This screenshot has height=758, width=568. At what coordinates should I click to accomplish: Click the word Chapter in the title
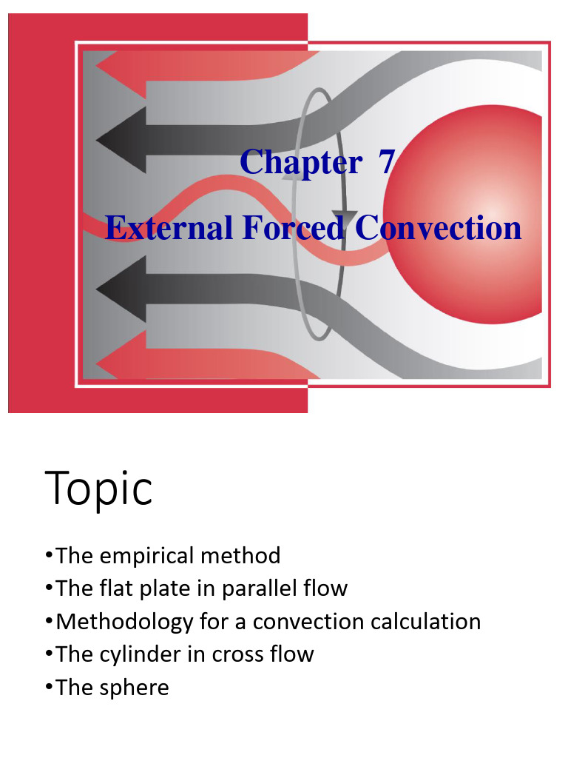tap(301, 162)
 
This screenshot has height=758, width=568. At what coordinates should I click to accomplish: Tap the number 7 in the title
tap(387, 161)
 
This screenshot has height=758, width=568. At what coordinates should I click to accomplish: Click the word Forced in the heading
tap(293, 227)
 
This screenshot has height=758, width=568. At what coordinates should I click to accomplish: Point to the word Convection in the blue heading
tap(438, 227)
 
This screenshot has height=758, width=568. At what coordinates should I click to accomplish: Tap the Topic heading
tap(98, 489)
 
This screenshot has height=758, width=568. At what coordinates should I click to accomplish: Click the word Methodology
tap(124, 622)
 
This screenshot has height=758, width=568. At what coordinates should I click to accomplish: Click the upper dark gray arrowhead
tap(121, 140)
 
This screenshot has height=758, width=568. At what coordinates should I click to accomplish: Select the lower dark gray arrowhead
tap(121, 289)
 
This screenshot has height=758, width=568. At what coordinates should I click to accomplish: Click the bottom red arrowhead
tap(121, 363)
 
